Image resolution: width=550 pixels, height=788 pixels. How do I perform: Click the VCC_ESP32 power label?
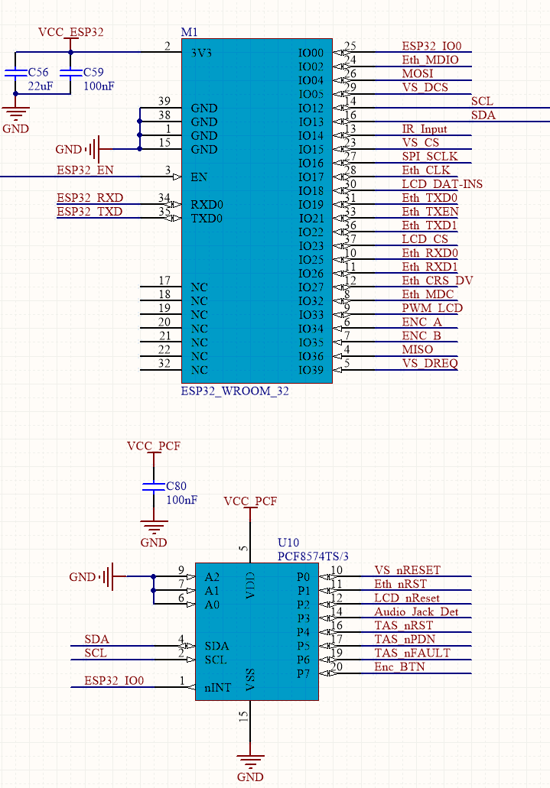tap(71, 32)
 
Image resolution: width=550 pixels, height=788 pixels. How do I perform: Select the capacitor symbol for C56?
tap(15, 73)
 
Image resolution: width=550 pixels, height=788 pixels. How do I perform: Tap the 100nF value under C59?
tap(99, 86)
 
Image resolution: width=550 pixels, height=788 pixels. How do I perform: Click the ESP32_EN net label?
tap(85, 170)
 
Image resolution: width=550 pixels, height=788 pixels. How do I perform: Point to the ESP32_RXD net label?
tap(89, 197)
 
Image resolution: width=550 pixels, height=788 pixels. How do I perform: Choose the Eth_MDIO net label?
tap(430, 60)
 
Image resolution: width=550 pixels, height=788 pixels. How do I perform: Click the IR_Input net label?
tap(425, 128)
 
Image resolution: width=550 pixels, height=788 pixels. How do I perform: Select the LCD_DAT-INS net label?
tap(442, 184)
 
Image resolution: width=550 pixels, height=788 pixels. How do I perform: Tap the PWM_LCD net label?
tap(432, 307)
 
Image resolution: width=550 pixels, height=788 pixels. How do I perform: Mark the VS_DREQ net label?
tap(430, 363)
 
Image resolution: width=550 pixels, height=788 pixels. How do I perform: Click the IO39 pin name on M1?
tap(311, 371)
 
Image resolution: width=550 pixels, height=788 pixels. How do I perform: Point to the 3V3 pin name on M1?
tap(201, 53)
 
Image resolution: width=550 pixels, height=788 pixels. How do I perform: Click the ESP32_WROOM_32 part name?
tap(235, 391)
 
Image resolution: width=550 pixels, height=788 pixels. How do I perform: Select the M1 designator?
tap(189, 32)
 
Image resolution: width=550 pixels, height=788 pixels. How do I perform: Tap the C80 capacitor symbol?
tap(154, 486)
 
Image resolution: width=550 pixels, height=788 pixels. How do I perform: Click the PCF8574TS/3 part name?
tap(313, 556)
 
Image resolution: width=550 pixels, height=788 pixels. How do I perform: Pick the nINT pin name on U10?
tap(218, 687)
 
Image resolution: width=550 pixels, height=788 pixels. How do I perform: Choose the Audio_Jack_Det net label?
tap(416, 611)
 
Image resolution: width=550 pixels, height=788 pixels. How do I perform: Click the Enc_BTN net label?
tap(399, 667)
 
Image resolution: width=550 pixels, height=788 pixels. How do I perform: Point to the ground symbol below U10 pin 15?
tap(250, 760)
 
